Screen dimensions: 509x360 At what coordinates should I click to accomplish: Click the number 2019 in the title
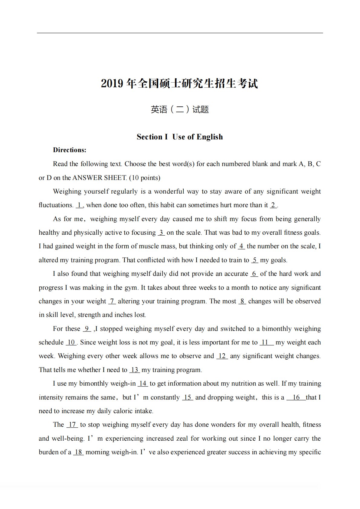(112, 84)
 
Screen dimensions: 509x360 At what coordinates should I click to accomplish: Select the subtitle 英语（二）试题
(180, 109)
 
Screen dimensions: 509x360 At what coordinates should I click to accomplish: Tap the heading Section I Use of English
(180, 137)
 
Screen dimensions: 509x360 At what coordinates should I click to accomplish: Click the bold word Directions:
(70, 150)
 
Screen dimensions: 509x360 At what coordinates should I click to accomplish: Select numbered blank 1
(79, 205)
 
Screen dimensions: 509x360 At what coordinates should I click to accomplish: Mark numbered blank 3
(161, 233)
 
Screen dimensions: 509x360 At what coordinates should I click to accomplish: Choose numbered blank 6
(254, 274)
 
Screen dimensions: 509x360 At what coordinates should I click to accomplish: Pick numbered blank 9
(87, 329)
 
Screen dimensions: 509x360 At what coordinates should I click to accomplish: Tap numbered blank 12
(222, 356)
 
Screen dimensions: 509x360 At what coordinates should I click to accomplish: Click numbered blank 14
(143, 383)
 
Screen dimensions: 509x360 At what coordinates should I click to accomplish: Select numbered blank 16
(296, 397)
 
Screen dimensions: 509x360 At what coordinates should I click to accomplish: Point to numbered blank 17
(72, 425)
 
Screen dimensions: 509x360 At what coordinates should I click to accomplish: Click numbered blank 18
(78, 452)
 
